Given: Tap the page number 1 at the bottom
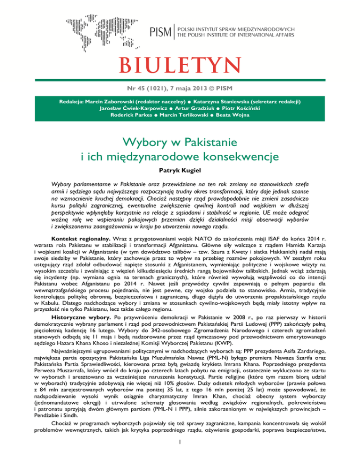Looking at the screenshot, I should [x=180, y=453].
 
